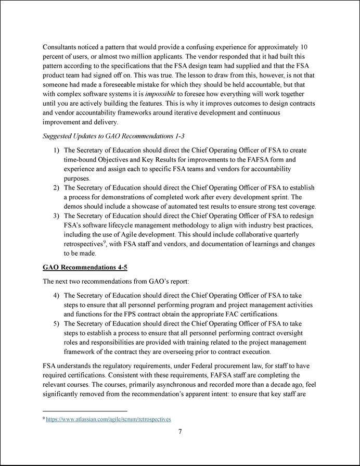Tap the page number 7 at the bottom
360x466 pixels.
[x=179, y=431]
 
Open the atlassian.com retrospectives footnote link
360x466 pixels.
[x=108, y=419]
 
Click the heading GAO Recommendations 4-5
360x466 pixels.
[x=85, y=267]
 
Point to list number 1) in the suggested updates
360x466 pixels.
[x=56, y=150]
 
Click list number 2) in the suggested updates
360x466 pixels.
[x=56, y=187]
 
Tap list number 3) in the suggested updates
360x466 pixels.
[x=56, y=216]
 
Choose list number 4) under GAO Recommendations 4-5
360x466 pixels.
[x=56, y=295]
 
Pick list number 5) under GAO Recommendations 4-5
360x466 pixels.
[x=56, y=323]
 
